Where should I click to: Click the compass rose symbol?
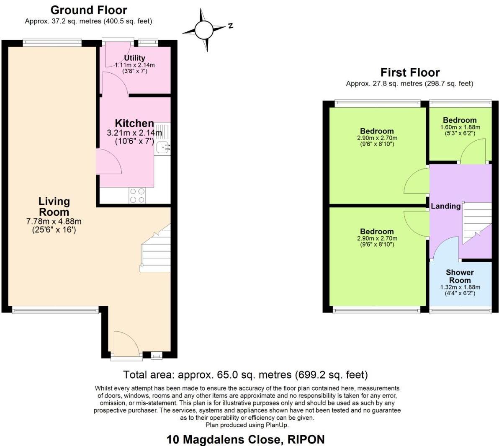pos(204,30)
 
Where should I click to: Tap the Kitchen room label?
pos(134,123)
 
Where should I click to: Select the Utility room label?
pos(134,58)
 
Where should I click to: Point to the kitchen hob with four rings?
pos(137,195)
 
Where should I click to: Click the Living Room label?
pos(54,206)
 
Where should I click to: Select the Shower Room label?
pos(460,276)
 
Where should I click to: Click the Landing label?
pos(445,206)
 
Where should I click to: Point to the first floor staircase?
pos(476,223)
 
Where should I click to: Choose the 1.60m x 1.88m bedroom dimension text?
pos(460,127)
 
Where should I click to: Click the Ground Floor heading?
pos(88,10)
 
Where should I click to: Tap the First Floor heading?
pos(410,72)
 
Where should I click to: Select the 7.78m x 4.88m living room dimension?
pos(54,222)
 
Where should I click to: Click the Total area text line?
pos(245,374)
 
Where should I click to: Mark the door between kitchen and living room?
pos(108,162)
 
